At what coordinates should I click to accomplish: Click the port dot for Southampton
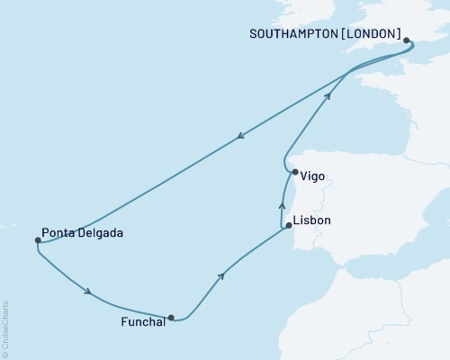(407, 40)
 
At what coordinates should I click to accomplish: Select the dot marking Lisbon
(288, 226)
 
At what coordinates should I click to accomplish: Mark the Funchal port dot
(170, 317)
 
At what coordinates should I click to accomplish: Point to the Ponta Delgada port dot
(38, 240)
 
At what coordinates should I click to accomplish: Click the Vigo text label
(314, 178)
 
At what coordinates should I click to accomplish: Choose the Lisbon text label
(312, 220)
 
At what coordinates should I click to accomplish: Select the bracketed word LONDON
(371, 34)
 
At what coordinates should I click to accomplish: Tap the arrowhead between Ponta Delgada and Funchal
(87, 291)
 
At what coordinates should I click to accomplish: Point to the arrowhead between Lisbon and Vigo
(282, 206)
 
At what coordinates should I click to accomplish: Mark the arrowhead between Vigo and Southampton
(328, 95)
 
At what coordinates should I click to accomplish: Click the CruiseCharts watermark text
(5, 328)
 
